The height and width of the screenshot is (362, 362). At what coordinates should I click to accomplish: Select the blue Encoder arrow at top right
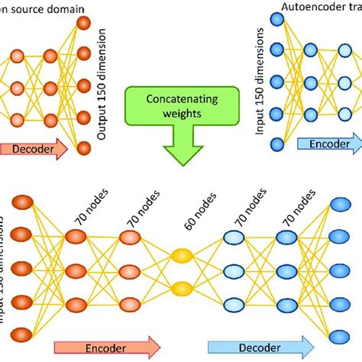click(329, 144)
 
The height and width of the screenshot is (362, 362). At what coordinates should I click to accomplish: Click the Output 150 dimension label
click(103, 88)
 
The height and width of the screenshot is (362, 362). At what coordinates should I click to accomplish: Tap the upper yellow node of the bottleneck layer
click(182, 257)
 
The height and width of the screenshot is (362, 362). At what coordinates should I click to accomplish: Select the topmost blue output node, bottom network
click(341, 205)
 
